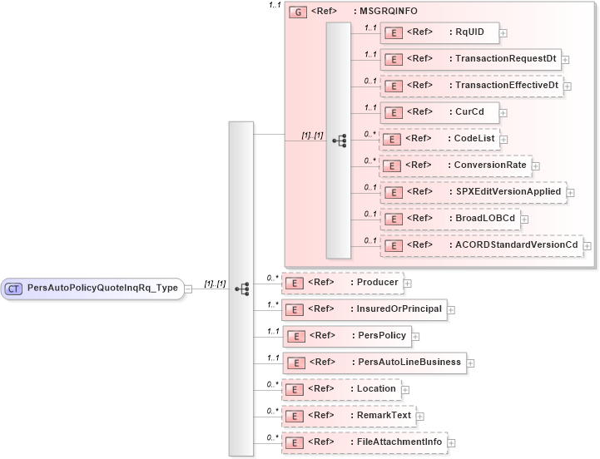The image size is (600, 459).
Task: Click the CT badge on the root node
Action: tap(14, 289)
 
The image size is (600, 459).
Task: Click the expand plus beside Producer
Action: tap(408, 284)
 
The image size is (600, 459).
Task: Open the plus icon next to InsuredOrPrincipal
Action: tap(451, 310)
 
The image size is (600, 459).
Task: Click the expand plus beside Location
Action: tap(405, 389)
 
